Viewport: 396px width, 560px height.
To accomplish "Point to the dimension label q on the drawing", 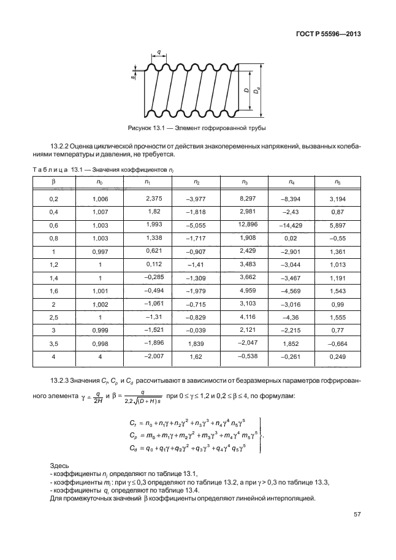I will point(159,53).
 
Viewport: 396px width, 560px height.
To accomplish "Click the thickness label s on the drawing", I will point(133,78).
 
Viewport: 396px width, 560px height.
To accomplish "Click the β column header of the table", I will point(53,182).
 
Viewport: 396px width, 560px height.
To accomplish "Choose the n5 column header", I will point(337,182).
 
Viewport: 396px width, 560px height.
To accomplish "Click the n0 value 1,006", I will point(99,199).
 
